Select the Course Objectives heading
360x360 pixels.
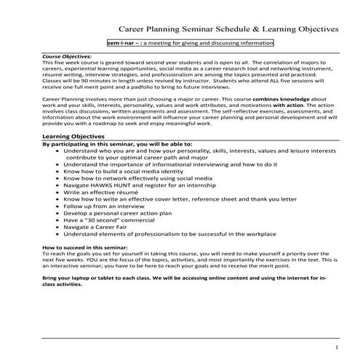click(67, 55)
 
